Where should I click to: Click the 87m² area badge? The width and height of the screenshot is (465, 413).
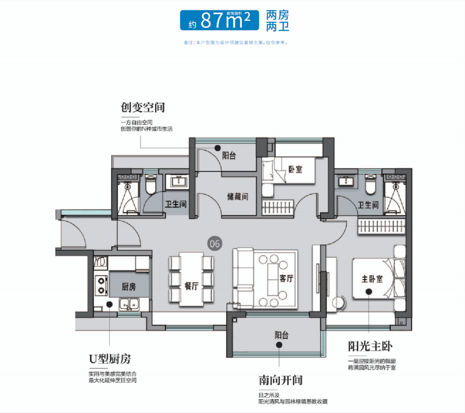(219, 21)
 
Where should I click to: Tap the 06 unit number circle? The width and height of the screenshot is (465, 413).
(214, 244)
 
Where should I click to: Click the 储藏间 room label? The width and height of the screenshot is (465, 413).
(238, 197)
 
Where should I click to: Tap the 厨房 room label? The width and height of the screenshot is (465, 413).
(129, 286)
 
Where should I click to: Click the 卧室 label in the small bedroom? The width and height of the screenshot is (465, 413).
(295, 170)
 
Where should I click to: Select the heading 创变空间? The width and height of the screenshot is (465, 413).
(143, 107)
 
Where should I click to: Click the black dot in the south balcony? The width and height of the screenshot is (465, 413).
(279, 345)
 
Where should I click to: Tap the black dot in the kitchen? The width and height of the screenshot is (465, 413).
(110, 304)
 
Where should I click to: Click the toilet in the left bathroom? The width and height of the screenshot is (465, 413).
(150, 186)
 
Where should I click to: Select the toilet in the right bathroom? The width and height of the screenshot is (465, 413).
(371, 186)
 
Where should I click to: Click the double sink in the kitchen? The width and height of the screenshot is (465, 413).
(129, 303)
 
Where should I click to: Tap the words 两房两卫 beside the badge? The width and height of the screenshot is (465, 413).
(277, 21)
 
